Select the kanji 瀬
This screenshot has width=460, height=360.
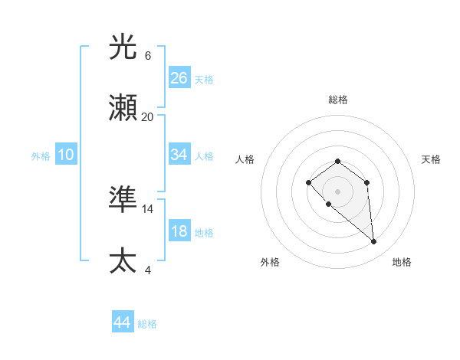(123, 110)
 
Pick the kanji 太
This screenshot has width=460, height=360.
(123, 261)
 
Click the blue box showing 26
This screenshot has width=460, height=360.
(179, 78)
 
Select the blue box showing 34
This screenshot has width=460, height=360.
(179, 155)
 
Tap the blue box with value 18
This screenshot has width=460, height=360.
(179, 231)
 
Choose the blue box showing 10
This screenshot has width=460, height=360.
(66, 155)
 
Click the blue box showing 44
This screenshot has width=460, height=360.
(123, 322)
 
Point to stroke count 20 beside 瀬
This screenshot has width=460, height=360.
(148, 116)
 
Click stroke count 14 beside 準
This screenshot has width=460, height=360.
(148, 208)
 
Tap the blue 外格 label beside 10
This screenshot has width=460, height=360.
(41, 155)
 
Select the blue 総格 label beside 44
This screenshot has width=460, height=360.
(147, 323)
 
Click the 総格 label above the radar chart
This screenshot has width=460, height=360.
(338, 100)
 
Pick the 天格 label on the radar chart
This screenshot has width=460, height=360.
(431, 159)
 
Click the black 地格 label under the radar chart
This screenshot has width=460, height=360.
(402, 262)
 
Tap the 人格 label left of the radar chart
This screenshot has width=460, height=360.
(245, 159)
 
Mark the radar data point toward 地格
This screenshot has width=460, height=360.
(374, 242)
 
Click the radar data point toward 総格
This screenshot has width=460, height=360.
(338, 161)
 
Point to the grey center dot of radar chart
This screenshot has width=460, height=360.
(338, 191)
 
